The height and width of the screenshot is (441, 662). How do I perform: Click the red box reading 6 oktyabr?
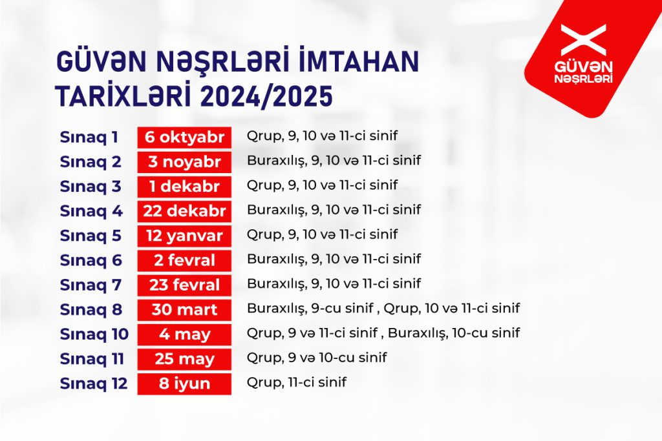tap(184, 138)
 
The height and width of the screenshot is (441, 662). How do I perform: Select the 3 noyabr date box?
tap(184, 162)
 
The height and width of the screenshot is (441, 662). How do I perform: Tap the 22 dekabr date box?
tap(184, 211)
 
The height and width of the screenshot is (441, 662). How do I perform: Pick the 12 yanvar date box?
tap(184, 236)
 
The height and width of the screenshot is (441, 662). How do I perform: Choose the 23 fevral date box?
tap(184, 285)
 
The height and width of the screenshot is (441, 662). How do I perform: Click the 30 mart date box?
tap(184, 310)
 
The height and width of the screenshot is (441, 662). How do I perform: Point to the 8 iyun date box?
tap(184, 384)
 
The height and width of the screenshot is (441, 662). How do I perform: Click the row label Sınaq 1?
tap(89, 138)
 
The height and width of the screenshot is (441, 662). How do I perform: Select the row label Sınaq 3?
tap(91, 187)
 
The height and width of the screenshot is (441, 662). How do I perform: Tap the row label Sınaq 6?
tap(91, 261)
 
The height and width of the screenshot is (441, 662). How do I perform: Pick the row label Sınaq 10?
tap(94, 334)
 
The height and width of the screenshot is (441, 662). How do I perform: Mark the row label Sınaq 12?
tap(94, 384)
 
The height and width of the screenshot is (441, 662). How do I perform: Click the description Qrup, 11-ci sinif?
tap(296, 382)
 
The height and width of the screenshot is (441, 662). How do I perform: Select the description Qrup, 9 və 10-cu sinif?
tap(317, 358)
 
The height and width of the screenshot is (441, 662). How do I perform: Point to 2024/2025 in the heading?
tap(266, 96)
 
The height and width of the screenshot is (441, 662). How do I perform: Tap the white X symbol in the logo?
tap(584, 39)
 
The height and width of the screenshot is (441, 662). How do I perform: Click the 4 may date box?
tap(184, 334)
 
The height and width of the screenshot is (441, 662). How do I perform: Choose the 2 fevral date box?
tap(184, 261)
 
